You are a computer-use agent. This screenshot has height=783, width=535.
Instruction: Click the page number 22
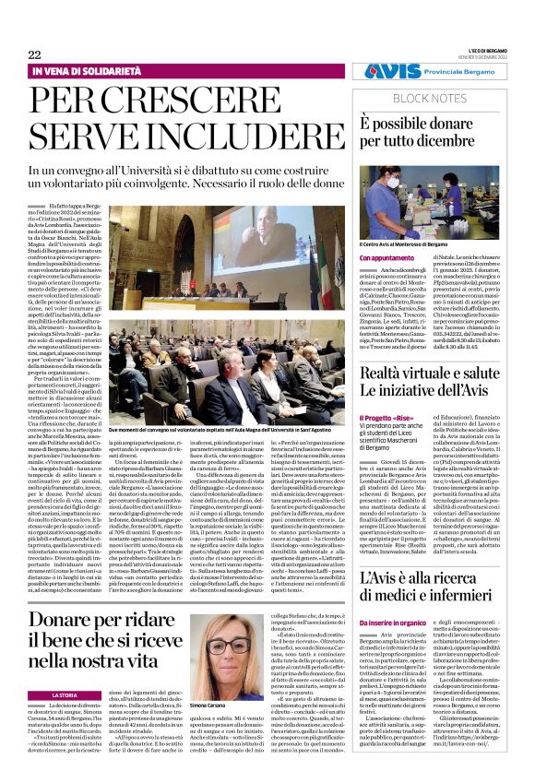[34, 54]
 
